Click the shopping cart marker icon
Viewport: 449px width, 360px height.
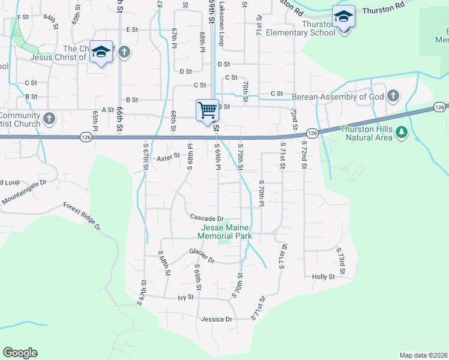click(207, 110)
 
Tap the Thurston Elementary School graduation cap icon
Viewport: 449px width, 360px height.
click(343, 16)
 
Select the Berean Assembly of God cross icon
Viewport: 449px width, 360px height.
click(393, 96)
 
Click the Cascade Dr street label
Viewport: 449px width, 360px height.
click(206, 218)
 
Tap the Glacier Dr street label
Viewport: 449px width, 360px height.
click(202, 256)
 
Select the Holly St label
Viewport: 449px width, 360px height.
click(323, 277)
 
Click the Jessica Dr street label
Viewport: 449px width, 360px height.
click(217, 319)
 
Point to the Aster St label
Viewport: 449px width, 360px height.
click(169, 158)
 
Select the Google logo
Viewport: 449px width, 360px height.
click(20, 353)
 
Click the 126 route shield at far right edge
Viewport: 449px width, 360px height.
click(440, 107)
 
